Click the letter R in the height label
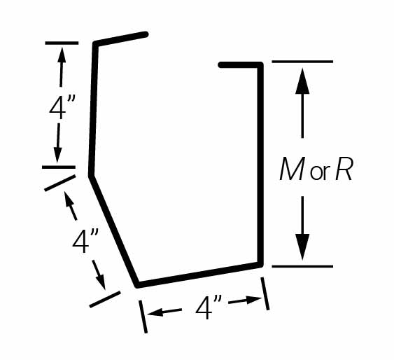pyautogui.click(x=344, y=169)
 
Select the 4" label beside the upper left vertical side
pyautogui.click(x=62, y=107)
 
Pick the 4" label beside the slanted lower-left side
pyautogui.click(x=85, y=242)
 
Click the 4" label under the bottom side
pyautogui.click(x=209, y=307)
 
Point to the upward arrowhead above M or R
pyautogui.click(x=302, y=81)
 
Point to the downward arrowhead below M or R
pyautogui.click(x=302, y=247)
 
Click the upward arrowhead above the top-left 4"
pyautogui.click(x=62, y=55)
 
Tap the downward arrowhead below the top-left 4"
pyautogui.click(x=57, y=155)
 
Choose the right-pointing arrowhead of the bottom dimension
pyautogui.click(x=253, y=300)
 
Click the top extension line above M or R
pyautogui.click(x=302, y=62)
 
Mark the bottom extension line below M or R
pyautogui.click(x=302, y=266)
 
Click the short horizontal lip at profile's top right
pyautogui.click(x=241, y=65)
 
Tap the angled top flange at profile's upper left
pyautogui.click(x=120, y=39)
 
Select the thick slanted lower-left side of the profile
pyautogui.click(x=114, y=231)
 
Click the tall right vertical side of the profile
pyautogui.click(x=260, y=165)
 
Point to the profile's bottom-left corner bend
pyautogui.click(x=137, y=284)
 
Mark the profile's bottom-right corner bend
pyautogui.click(x=260, y=265)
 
